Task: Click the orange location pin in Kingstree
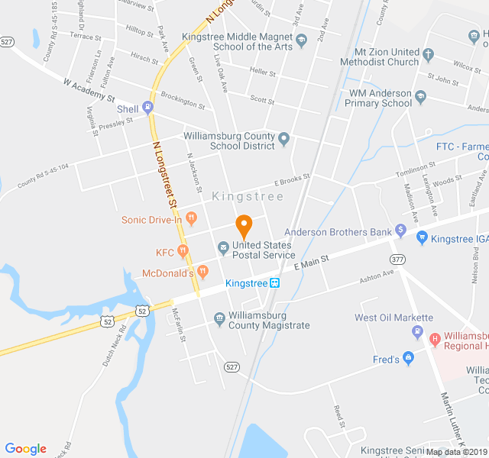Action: click(244, 226)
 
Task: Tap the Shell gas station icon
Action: click(148, 108)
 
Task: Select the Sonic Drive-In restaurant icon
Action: click(192, 220)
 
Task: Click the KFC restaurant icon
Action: click(183, 251)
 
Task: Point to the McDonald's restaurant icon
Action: click(202, 272)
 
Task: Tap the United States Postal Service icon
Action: click(223, 247)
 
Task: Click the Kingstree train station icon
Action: click(275, 283)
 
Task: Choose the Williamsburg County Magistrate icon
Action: click(219, 318)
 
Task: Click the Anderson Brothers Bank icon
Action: click(400, 230)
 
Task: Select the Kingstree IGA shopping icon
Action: click(422, 238)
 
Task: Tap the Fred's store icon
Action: click(409, 358)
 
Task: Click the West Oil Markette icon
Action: click(417, 331)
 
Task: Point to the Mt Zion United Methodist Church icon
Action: click(428, 55)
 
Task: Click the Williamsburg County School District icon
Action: click(284, 139)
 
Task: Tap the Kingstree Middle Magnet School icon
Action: click(301, 40)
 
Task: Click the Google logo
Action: click(26, 449)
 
